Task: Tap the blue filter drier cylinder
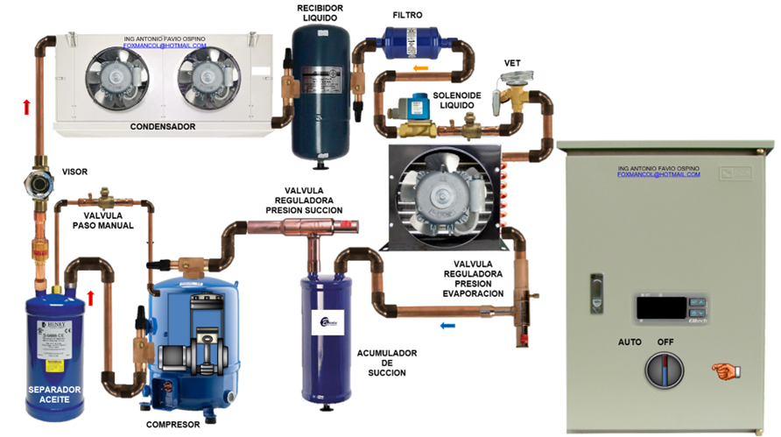point(407,39)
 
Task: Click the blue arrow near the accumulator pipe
point(447,326)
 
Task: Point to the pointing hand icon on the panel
point(726,370)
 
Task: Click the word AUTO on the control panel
point(630,341)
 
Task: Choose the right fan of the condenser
point(207,75)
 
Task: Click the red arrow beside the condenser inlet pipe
point(26,107)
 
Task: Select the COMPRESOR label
point(173,425)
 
